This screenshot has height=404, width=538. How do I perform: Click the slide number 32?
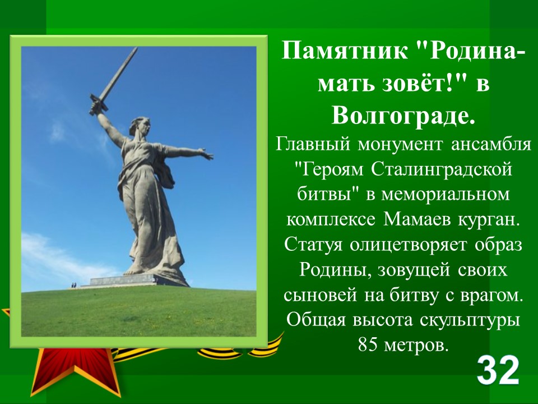click(498, 371)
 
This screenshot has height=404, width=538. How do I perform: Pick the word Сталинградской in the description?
click(442, 169)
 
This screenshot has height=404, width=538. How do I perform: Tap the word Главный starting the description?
click(313, 144)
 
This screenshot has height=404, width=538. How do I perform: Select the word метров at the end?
click(416, 344)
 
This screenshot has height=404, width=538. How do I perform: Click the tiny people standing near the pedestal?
click(74, 285)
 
